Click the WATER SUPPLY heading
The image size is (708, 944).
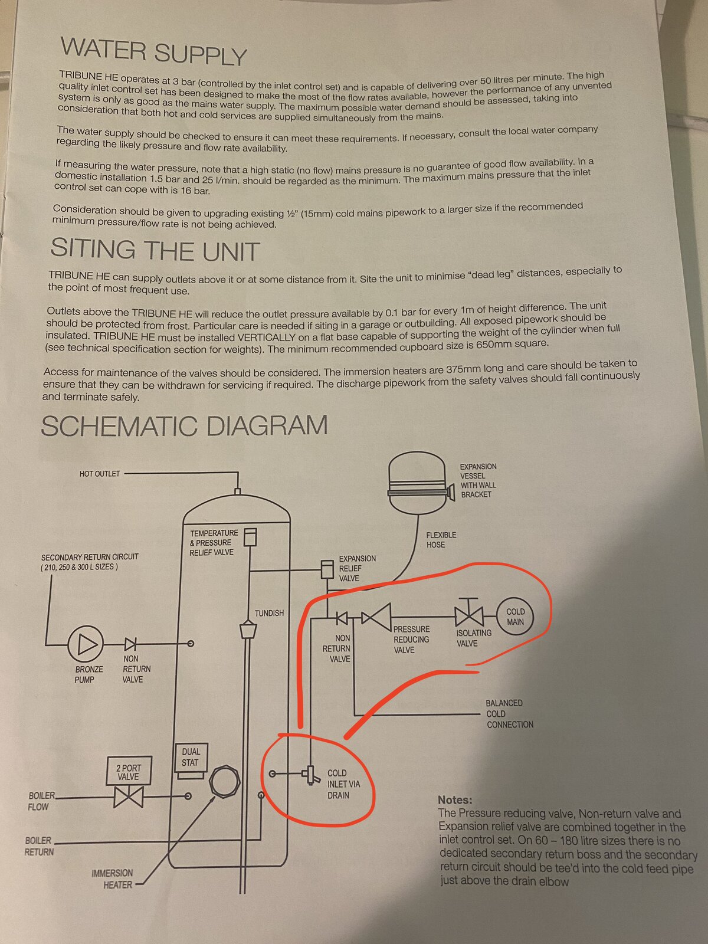click(x=153, y=51)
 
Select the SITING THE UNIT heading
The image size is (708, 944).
click(x=155, y=250)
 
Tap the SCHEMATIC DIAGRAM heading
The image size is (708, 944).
click(x=184, y=426)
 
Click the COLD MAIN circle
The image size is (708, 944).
click(x=515, y=617)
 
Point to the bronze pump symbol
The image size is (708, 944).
click(x=86, y=644)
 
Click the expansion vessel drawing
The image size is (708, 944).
click(x=421, y=483)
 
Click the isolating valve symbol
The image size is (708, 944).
click(x=469, y=614)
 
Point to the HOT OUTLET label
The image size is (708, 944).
click(x=99, y=474)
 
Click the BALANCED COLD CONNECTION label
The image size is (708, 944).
click(x=510, y=713)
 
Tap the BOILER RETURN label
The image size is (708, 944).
click(x=39, y=846)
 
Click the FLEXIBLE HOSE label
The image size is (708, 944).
click(x=441, y=540)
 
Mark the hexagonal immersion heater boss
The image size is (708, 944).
click(x=224, y=781)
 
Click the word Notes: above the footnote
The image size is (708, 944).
click(x=455, y=800)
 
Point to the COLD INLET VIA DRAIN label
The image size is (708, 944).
click(x=343, y=784)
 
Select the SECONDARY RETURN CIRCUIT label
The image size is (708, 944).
click(x=90, y=562)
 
